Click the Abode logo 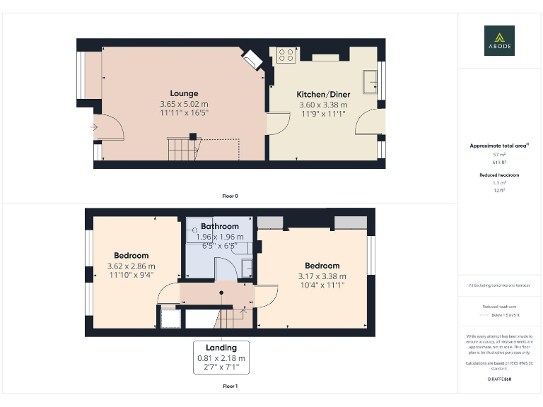[499, 40]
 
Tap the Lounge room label [184, 93]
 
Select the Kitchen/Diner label [322, 94]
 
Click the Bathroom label [219, 227]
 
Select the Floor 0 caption [230, 195]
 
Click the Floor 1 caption [230, 387]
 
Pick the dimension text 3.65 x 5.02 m [184, 104]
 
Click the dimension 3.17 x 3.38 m [322, 276]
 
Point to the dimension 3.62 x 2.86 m [131, 266]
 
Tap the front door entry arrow [93, 127]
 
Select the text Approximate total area [498, 146]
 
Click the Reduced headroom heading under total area [499, 174]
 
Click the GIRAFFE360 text [499, 379]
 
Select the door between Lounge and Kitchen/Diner [277, 123]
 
